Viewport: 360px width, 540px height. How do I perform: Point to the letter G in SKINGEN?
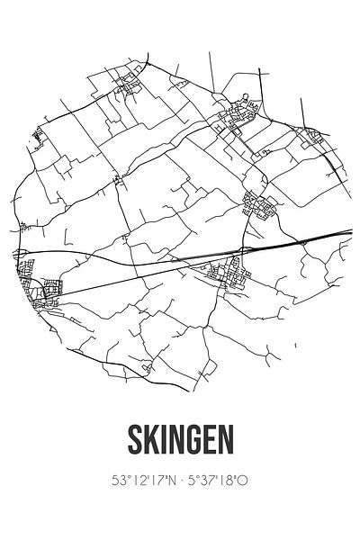[x=193, y=441]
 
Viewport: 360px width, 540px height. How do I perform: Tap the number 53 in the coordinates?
[x=118, y=481]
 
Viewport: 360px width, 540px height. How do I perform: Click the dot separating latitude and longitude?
[x=179, y=481]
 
